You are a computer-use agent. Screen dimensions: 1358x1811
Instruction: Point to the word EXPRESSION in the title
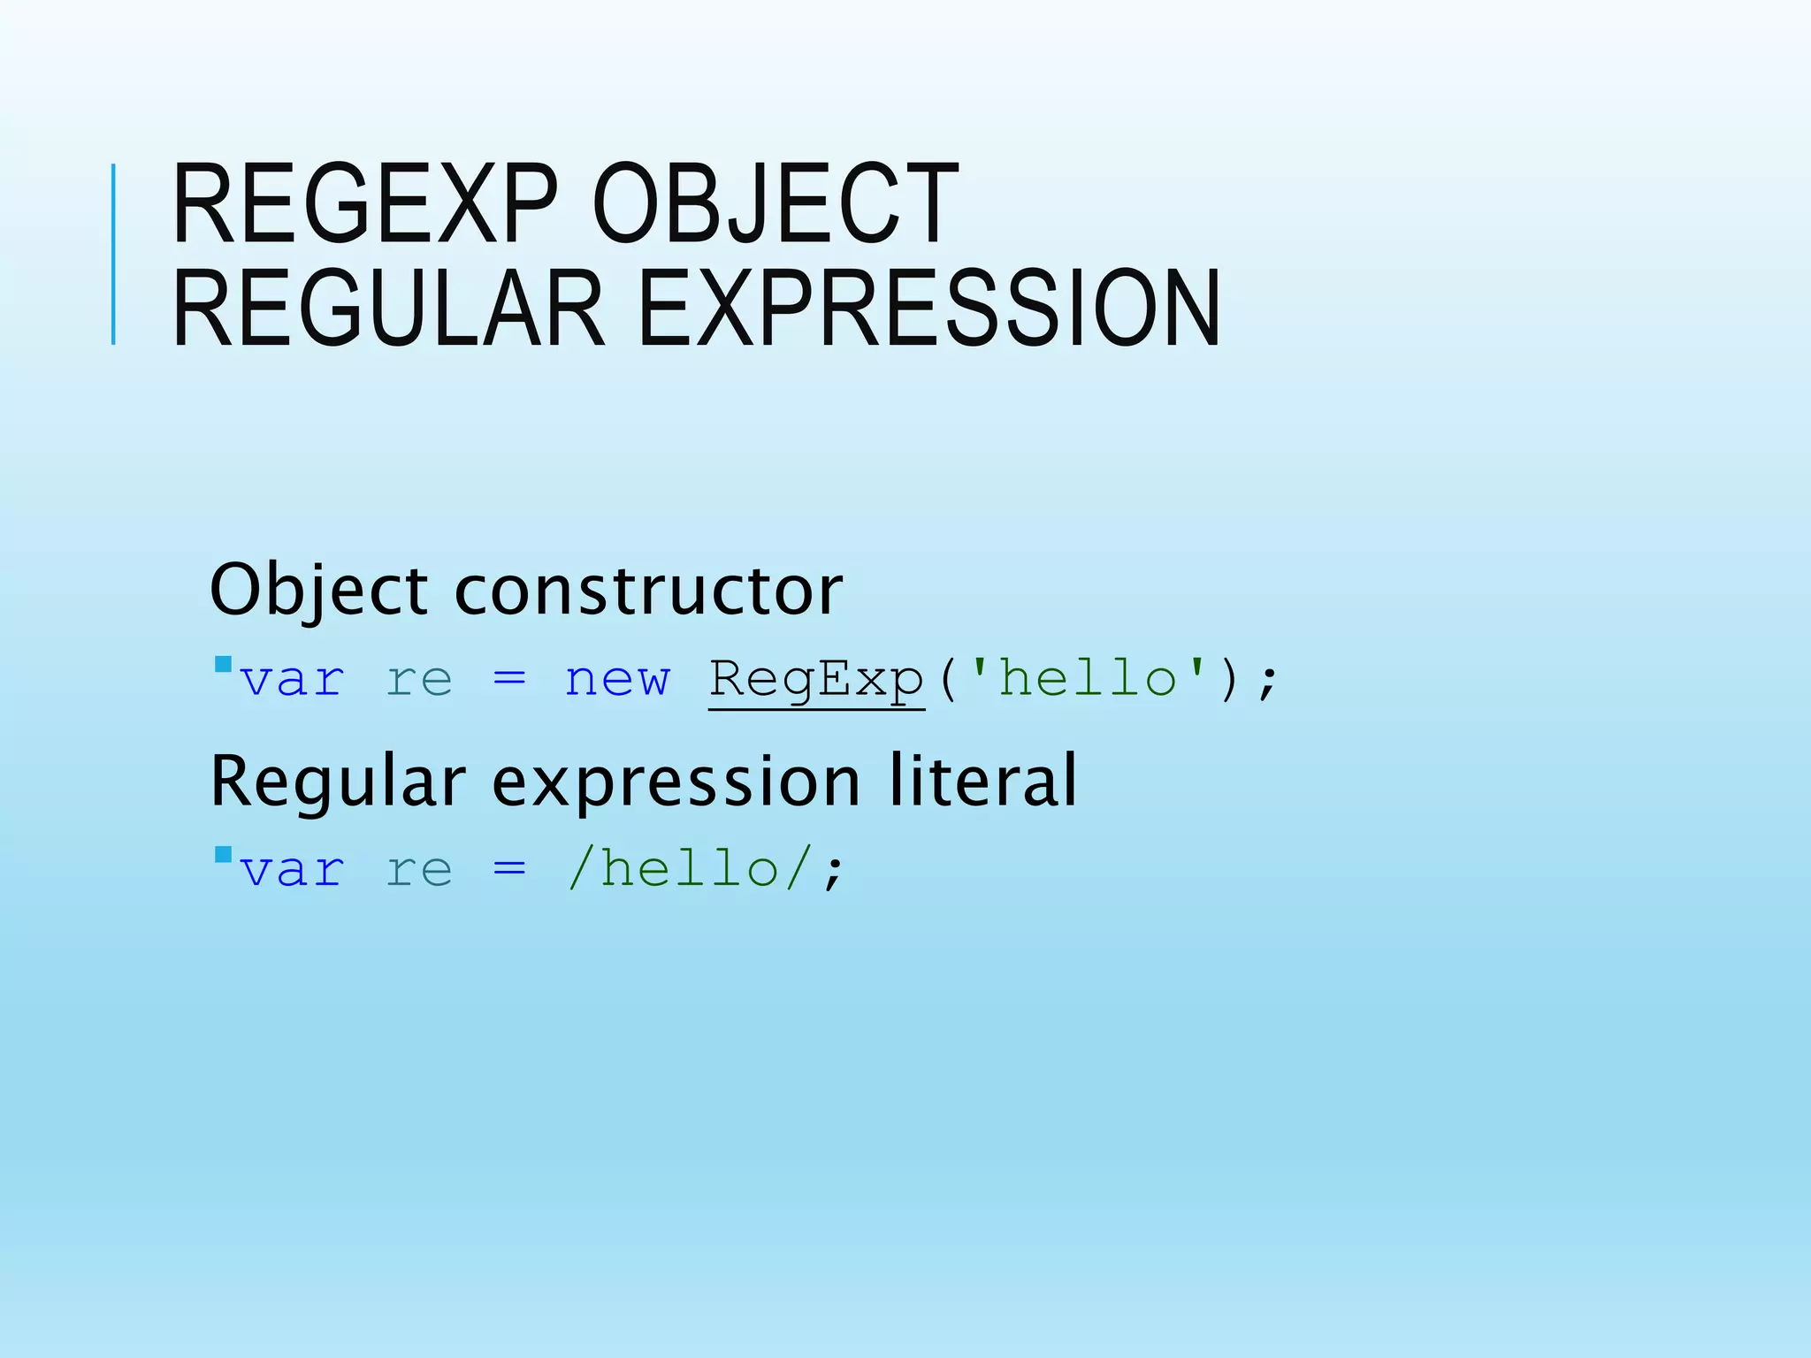coord(928,308)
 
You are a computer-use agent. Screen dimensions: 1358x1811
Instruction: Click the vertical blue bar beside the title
coord(113,255)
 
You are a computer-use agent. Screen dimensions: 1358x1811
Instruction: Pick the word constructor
coord(648,591)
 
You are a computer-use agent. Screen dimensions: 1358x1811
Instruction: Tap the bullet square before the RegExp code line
coord(223,664)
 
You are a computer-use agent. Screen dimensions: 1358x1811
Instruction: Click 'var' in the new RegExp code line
coord(292,681)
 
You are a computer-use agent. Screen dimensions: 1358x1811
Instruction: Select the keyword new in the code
coord(617,681)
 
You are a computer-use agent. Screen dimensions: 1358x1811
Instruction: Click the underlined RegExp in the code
coord(816,681)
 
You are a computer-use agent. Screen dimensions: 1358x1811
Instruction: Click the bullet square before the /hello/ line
coord(223,854)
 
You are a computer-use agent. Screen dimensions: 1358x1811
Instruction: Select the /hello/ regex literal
coord(689,869)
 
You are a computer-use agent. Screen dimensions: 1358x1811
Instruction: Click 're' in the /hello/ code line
coord(419,871)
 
